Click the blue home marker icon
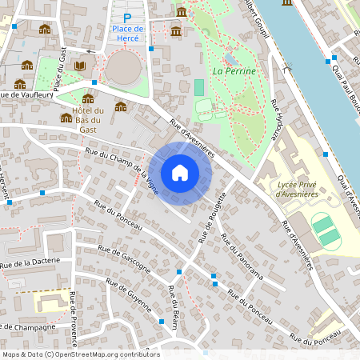click(180, 172)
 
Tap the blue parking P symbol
click(126, 18)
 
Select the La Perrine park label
click(234, 71)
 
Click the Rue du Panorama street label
click(242, 256)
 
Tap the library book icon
click(80, 66)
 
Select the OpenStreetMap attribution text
click(81, 354)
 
